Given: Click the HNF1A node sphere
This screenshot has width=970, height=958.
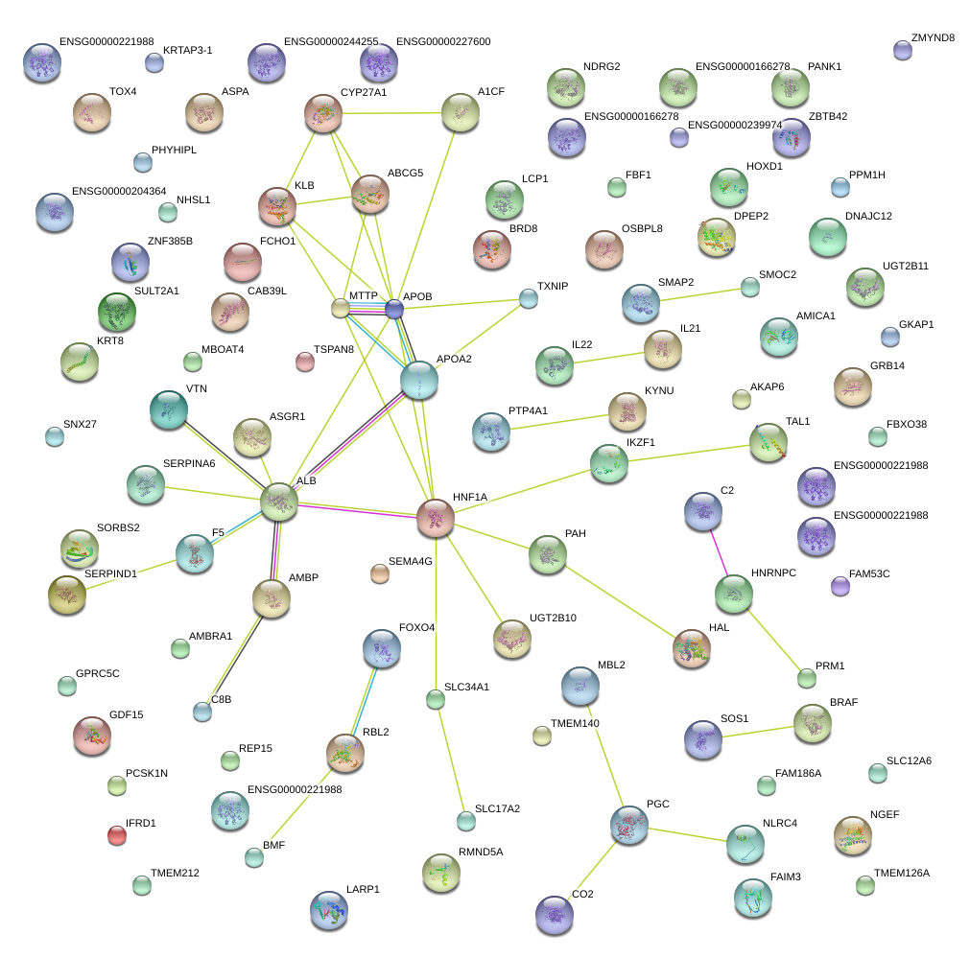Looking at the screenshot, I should (x=435, y=518).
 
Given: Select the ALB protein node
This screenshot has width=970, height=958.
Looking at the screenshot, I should (x=279, y=501).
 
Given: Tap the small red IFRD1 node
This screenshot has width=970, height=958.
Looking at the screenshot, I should (x=117, y=835).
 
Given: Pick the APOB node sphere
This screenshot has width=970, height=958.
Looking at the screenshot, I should (x=394, y=308).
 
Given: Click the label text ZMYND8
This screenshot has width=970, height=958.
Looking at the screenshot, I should (x=937, y=38).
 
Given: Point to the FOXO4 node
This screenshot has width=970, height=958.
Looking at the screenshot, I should (x=382, y=649).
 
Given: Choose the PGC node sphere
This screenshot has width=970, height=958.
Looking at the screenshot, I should (x=629, y=825).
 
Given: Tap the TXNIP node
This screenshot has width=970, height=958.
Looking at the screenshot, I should (x=529, y=298).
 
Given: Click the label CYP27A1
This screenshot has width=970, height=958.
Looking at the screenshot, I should (x=364, y=93).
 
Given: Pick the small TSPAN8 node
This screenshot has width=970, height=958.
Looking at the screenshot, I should (x=304, y=362).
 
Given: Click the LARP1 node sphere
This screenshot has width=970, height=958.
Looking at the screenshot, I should (x=330, y=911).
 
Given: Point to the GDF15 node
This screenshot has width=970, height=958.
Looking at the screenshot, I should (x=92, y=735).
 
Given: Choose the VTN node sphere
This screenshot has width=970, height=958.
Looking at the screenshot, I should (x=169, y=409).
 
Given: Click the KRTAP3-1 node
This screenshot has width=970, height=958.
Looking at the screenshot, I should (x=154, y=63).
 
